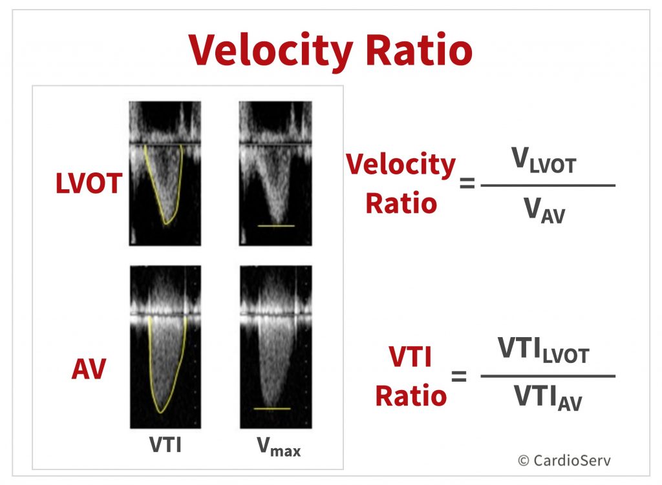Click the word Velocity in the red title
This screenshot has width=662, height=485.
coord(271,51)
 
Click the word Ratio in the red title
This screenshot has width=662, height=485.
coord(419,50)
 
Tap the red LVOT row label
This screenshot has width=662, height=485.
coord(89,183)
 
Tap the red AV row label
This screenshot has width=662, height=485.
coord(89,369)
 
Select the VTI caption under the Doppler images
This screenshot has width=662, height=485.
coord(165,444)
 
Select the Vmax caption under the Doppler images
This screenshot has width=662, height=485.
coord(279,446)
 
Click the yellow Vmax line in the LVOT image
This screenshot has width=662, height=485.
coord(276,226)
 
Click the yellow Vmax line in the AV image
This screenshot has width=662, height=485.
coord(272,409)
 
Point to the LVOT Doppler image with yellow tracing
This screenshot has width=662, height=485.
coord(165,173)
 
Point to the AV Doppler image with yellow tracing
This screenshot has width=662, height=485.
coord(165,347)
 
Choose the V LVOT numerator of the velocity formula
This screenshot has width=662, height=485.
coord(544,161)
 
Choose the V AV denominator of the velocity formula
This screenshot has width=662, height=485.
coord(544,210)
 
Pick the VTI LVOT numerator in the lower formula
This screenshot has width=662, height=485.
coord(543,351)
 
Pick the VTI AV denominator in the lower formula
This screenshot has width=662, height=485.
coord(548,398)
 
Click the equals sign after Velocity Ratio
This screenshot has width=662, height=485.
coord(467,183)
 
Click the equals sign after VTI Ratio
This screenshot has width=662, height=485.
coord(459,376)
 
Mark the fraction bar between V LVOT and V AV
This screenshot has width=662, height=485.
coord(548,185)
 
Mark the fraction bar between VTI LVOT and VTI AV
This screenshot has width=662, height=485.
coord(548,376)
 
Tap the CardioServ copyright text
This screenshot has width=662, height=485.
coord(564,460)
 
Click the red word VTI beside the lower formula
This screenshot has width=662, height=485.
coord(411,357)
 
